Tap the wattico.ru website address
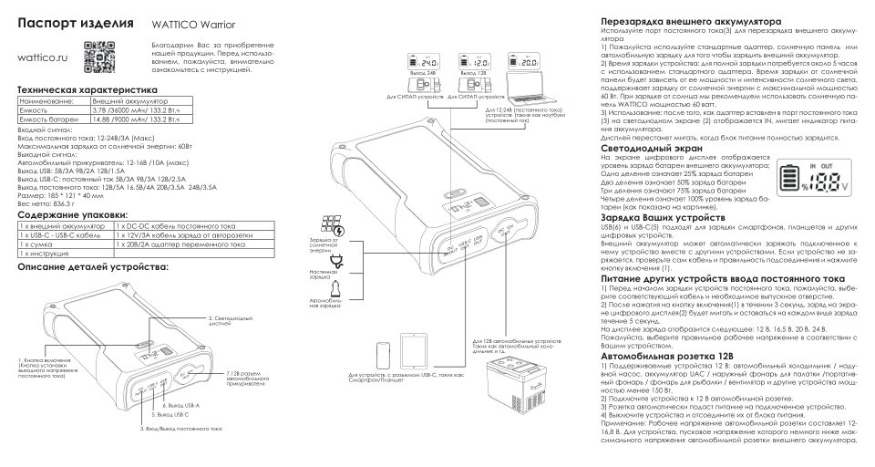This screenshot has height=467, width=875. (44, 57)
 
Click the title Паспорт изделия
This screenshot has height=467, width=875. (77, 22)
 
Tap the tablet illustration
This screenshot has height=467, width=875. (414, 350)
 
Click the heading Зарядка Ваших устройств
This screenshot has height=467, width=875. (663, 218)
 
